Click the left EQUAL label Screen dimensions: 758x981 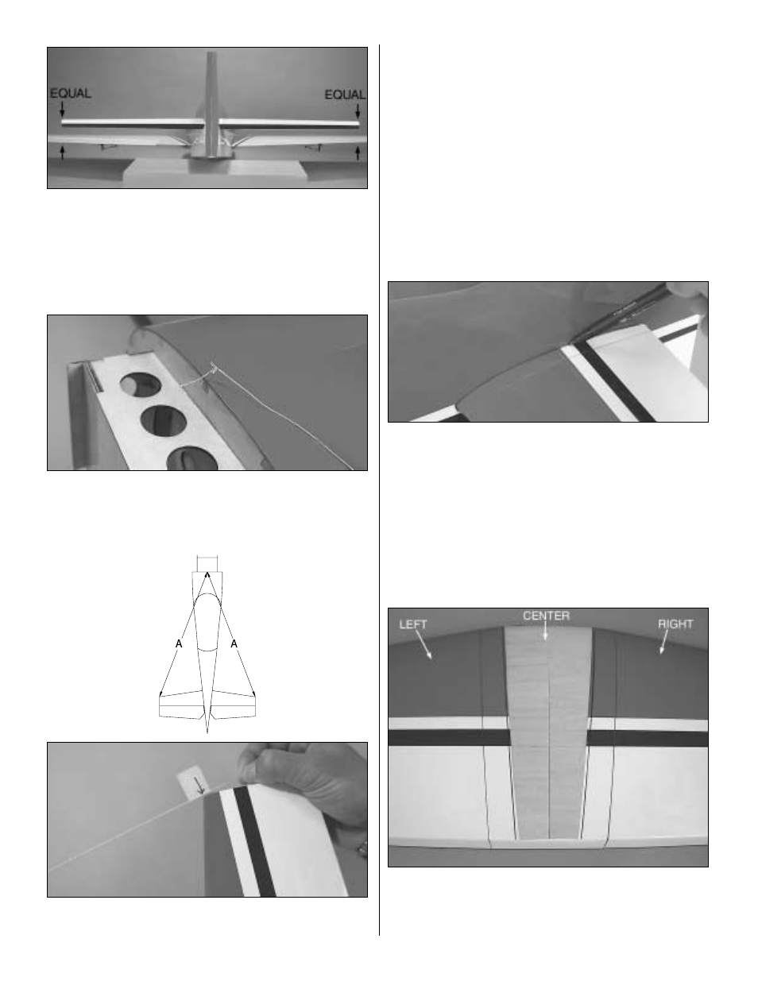(x=71, y=94)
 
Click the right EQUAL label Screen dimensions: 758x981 (x=346, y=95)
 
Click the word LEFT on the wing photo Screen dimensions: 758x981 (x=413, y=624)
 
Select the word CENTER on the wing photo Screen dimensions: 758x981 (x=547, y=616)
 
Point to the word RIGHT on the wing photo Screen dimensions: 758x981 (x=675, y=624)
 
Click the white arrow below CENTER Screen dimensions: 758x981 (x=545, y=631)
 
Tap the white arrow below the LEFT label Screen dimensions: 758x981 (x=423, y=645)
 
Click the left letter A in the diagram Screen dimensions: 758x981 (x=179, y=643)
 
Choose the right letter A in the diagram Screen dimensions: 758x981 (x=234, y=643)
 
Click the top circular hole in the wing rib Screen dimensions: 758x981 (x=141, y=386)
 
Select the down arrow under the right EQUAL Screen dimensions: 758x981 (x=358, y=111)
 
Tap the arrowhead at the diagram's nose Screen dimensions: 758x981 (x=207, y=574)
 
